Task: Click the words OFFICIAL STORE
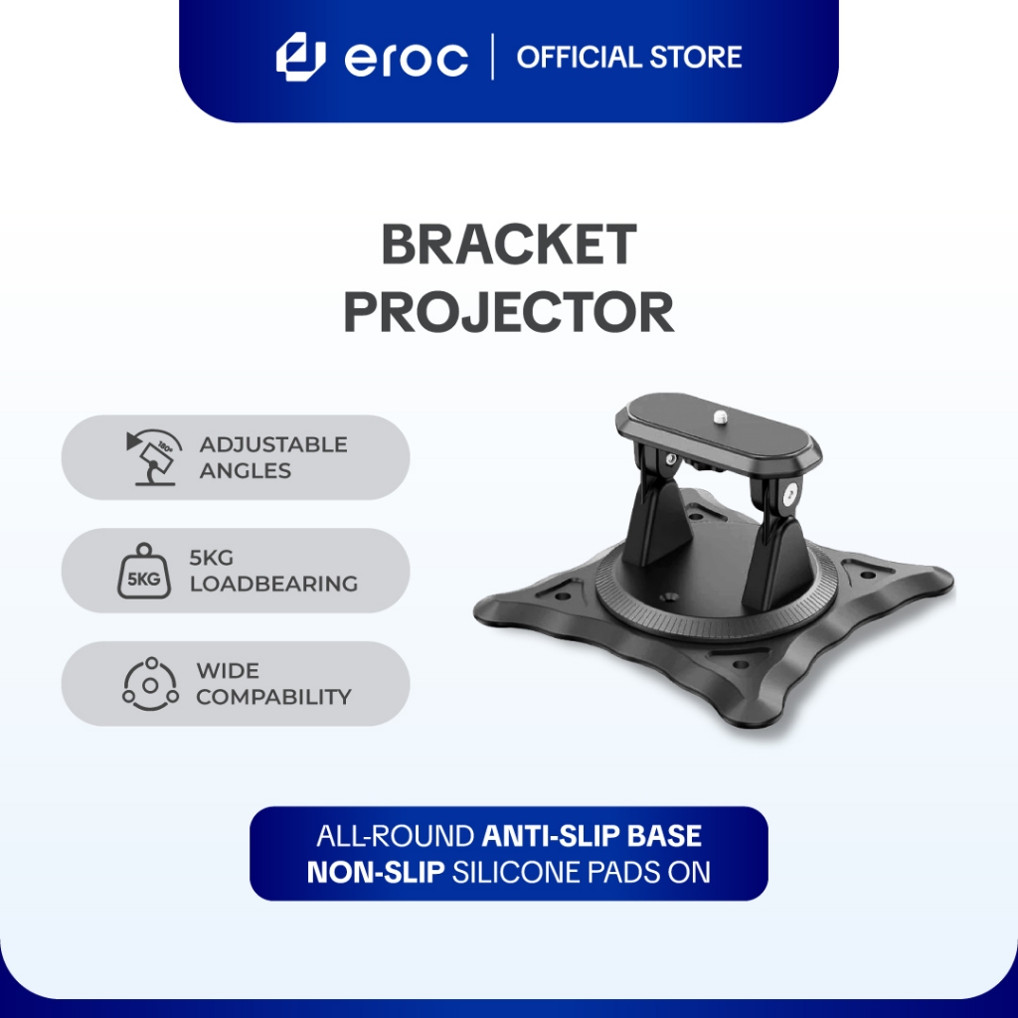click(628, 57)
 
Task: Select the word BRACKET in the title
click(508, 246)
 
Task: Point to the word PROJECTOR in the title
click(508, 312)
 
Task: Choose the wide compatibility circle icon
click(150, 684)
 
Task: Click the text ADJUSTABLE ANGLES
click(272, 457)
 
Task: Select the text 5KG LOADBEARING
click(272, 571)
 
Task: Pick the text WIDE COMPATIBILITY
click(272, 684)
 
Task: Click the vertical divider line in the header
click(494, 57)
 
